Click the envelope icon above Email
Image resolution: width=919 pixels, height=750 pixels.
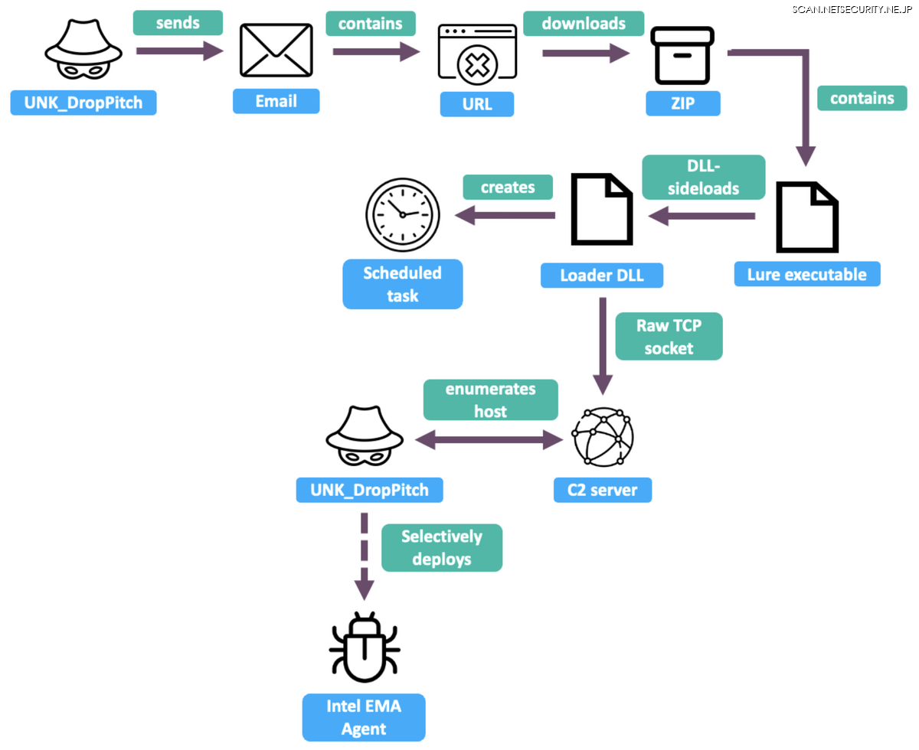276,51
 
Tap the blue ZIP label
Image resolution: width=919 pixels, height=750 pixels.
683,103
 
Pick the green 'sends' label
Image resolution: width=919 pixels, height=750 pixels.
178,22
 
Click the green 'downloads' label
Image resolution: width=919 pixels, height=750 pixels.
584,23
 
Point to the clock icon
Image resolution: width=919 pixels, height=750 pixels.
403,215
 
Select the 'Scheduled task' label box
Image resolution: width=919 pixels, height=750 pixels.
403,284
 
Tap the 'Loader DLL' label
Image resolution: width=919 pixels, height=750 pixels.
602,276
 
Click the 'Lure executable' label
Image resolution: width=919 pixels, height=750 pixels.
807,274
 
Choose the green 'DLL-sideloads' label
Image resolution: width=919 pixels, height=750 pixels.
703,178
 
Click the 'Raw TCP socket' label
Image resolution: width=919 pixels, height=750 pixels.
669,337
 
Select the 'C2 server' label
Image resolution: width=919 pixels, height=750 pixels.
603,490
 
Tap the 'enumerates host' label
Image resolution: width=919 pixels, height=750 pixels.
491,399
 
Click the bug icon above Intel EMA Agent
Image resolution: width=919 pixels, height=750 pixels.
365,647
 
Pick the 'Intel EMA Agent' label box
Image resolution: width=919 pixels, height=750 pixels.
364,717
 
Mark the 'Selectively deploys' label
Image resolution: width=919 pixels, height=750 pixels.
442,547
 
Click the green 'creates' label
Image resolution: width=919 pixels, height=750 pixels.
508,187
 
